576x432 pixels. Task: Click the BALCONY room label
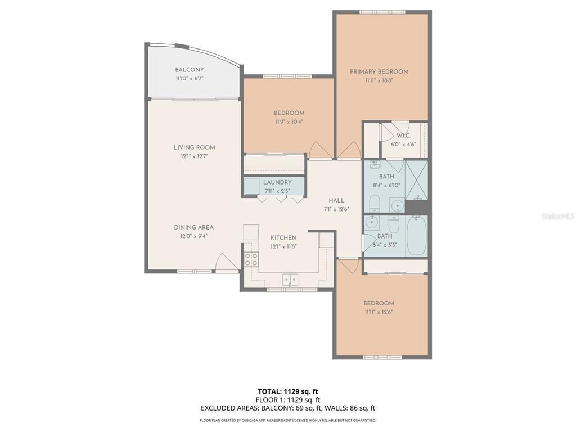189,70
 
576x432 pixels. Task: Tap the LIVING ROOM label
194,147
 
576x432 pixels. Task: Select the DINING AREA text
193,227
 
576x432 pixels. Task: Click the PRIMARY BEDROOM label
379,71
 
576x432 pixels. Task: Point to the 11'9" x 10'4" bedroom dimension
289,121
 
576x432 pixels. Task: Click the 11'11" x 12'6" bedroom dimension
379,312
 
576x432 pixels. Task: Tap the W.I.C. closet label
403,136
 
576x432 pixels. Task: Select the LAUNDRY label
278,182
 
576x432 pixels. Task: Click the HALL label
336,200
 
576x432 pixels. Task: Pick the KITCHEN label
283,237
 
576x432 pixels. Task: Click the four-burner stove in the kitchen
251,259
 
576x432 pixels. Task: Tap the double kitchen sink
290,279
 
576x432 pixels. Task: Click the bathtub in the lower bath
416,236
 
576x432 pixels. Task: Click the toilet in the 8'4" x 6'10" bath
375,203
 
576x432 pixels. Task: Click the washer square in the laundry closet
253,186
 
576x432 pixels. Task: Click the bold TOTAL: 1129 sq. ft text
287,391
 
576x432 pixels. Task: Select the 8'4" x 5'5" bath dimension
385,245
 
